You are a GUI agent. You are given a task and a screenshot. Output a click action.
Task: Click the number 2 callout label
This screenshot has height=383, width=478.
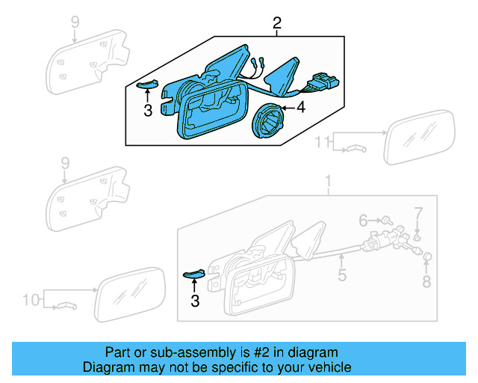(277, 25)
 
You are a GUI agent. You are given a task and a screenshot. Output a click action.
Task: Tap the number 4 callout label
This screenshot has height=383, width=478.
(301, 108)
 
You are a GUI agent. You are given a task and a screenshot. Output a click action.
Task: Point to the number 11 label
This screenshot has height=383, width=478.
(322, 141)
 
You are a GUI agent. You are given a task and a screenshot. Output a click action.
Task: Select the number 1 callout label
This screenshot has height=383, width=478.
(326, 182)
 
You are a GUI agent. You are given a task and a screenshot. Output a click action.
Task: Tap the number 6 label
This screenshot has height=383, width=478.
(364, 221)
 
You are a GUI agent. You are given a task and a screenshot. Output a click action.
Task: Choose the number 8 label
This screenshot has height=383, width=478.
(426, 282)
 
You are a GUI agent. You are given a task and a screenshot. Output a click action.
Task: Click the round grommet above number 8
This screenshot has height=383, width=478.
(427, 259)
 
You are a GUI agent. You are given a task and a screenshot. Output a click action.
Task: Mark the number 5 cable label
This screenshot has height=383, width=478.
(341, 276)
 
